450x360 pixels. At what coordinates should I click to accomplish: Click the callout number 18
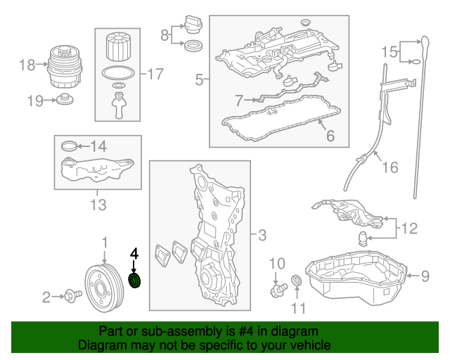coord(27,65)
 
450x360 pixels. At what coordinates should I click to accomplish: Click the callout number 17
coord(155,72)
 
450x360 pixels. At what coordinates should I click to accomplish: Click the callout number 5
coord(199,80)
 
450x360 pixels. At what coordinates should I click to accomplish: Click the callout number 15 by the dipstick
coord(389,51)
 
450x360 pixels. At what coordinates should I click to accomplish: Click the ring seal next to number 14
coord(70,146)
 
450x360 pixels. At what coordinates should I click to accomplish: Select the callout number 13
coord(98,205)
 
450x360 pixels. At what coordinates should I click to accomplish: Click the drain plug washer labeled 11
coord(297,283)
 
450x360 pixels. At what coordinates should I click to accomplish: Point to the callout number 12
coord(409,227)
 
